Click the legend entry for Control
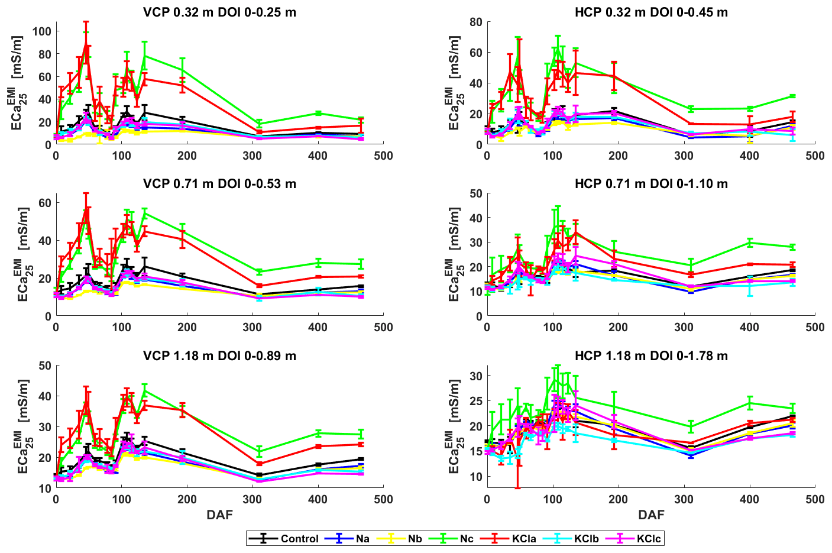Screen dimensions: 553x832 click(x=299, y=539)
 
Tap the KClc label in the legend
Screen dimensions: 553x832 click(x=648, y=539)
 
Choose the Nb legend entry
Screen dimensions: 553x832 click(x=415, y=539)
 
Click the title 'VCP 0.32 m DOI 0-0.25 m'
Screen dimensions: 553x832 click(x=219, y=12)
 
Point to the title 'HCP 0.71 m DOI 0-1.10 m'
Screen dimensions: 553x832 click(x=651, y=184)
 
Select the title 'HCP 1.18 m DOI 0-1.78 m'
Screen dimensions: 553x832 click(x=651, y=356)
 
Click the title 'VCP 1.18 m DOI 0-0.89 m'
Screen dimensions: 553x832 click(x=219, y=356)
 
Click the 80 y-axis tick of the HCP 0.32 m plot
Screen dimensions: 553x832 click(x=476, y=22)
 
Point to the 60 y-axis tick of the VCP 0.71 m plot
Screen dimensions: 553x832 click(x=45, y=203)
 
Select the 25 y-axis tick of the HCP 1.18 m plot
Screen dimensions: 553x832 click(x=476, y=400)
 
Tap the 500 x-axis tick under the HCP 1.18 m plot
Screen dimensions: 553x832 click(x=815, y=499)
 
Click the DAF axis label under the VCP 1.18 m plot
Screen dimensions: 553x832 click(x=219, y=515)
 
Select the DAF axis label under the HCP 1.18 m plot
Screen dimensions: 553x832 click(x=651, y=515)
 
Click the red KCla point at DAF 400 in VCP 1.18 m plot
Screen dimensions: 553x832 click(x=318, y=447)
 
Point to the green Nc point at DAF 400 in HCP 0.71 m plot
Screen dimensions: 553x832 click(x=750, y=242)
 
